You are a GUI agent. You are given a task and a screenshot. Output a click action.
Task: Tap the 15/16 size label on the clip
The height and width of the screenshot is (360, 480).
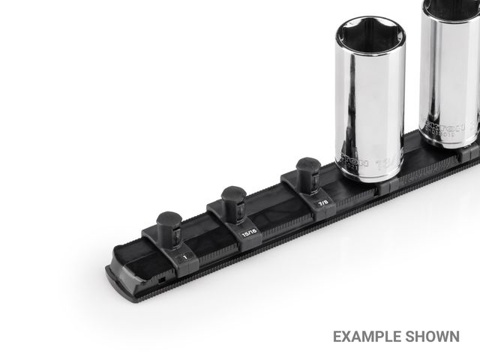pos(248,234)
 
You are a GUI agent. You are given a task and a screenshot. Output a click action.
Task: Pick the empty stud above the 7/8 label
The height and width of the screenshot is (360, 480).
pos(307,173)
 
